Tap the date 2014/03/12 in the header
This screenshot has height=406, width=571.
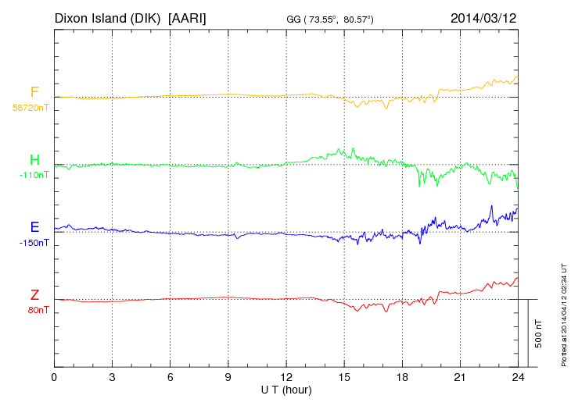(484, 17)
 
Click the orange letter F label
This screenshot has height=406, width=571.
(34, 92)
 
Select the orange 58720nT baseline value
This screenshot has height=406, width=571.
(31, 108)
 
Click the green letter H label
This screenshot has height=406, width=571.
(34, 160)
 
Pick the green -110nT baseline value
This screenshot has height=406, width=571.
(34, 175)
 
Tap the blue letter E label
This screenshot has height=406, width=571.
(34, 227)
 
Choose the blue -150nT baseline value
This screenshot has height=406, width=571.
(34, 243)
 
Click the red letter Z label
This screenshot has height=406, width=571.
(34, 295)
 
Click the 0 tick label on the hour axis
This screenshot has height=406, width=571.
(54, 378)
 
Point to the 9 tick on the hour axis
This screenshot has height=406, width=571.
(228, 378)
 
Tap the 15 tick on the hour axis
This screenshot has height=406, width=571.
(344, 378)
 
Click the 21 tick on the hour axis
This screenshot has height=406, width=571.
(460, 378)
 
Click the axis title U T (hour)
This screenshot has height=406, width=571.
(286, 390)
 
